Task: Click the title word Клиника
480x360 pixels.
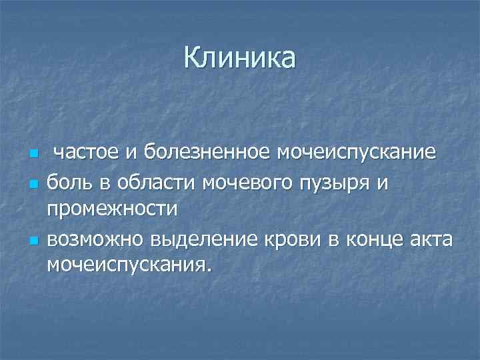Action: pos(240,59)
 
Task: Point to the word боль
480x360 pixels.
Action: pos(67,181)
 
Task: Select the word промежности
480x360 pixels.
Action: pos(112,209)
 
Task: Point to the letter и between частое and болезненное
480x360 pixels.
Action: pos(131,154)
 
